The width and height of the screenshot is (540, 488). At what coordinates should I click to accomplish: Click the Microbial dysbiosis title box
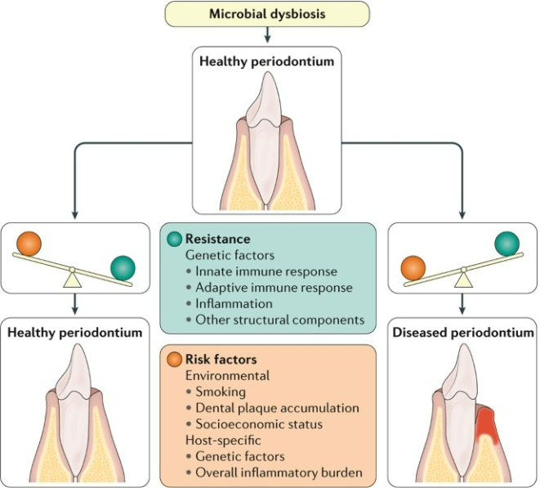pos(267,13)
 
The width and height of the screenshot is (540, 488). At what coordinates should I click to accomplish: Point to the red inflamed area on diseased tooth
pos(488,425)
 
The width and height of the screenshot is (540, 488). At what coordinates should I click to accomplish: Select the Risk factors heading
pos(221,359)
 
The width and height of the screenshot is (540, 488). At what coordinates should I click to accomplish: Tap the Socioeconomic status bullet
pos(258,423)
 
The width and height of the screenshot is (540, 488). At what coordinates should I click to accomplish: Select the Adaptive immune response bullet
pos(268,287)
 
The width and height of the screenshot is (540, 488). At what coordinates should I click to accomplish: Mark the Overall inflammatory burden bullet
pos(274,472)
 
